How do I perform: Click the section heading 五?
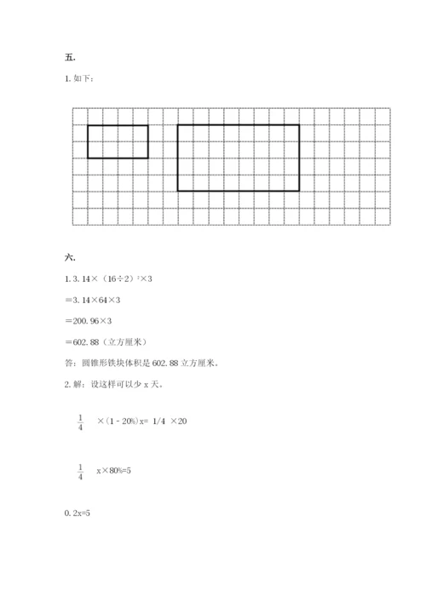pos(69,57)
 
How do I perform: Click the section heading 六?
pos(69,256)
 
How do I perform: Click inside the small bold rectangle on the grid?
pos(118,141)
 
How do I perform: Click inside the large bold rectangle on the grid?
pos(238,158)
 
